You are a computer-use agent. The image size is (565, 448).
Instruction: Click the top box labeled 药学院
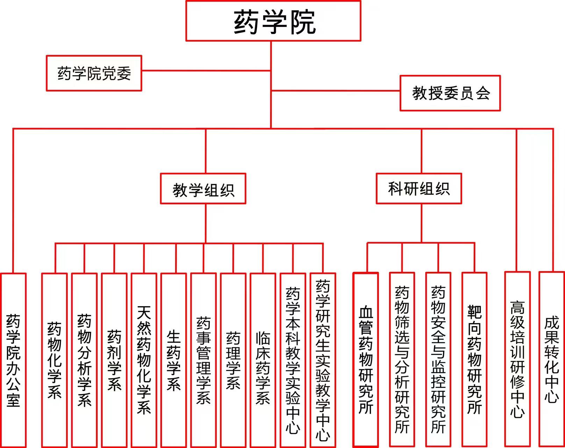point(273,21)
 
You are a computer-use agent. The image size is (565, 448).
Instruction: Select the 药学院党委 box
point(94,73)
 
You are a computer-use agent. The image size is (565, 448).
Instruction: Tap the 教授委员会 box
point(450,93)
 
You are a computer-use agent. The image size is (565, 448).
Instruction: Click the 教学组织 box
point(203,189)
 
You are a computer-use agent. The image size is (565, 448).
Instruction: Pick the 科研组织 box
point(419,189)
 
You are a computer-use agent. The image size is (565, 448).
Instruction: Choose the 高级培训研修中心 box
point(517,360)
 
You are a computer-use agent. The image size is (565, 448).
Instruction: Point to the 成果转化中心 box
point(552,360)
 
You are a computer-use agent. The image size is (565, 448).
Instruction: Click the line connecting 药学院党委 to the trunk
point(206,70)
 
